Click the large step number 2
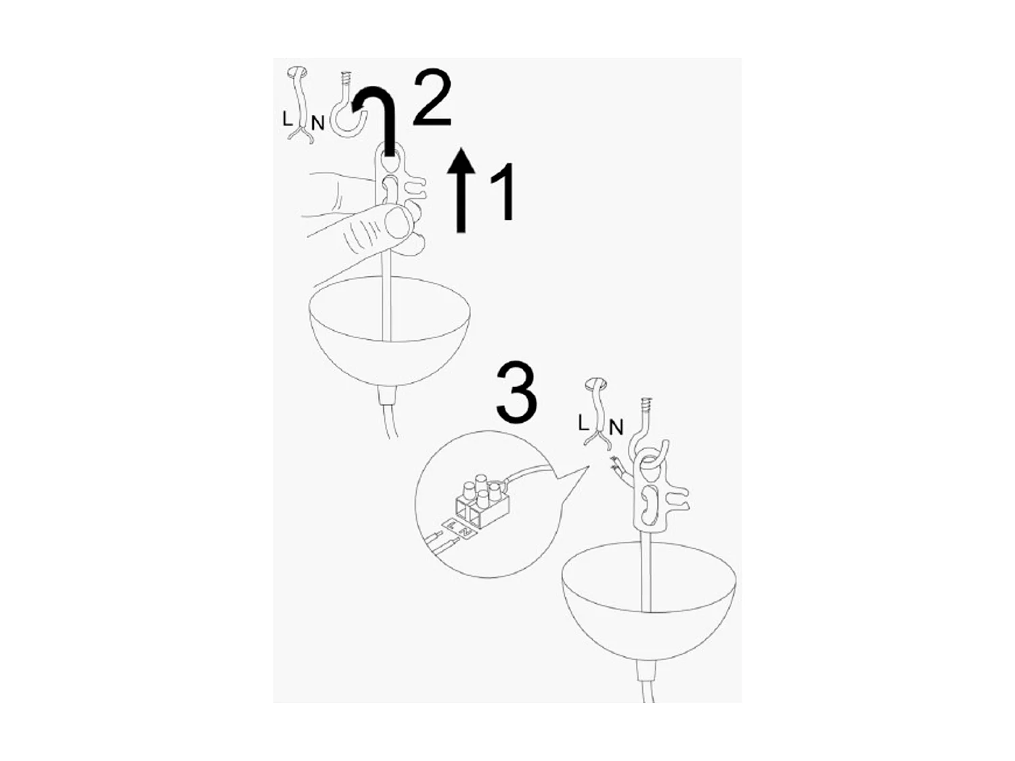pos(432,99)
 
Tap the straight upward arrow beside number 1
pos(462,190)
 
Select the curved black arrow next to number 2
pos(379,115)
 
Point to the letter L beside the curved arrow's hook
pos(288,118)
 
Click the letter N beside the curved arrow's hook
pos(317,123)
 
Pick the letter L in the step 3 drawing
pos(583,423)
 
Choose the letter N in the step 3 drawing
pos(615,428)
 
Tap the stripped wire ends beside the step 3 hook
pos(616,466)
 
